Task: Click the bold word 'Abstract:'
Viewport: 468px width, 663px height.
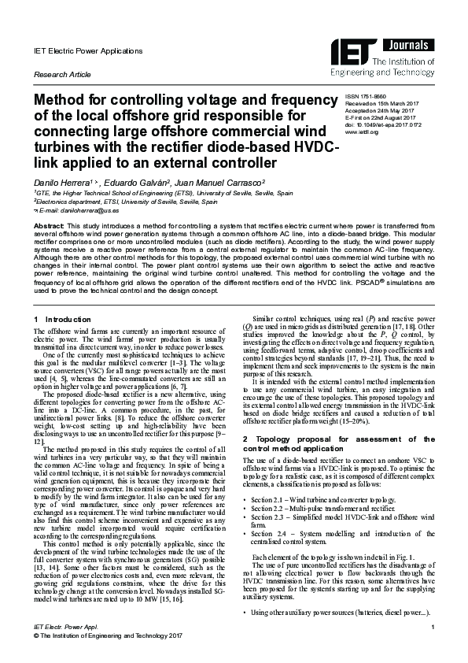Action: [50, 226]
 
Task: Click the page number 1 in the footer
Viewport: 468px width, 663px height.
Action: [433, 646]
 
